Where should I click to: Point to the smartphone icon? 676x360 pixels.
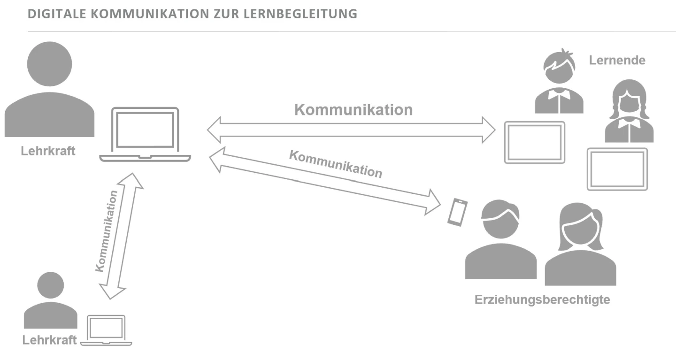(457, 212)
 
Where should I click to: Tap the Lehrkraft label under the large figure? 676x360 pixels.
(48, 152)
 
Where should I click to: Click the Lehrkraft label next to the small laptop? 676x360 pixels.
(49, 340)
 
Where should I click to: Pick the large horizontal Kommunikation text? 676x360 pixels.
(353, 110)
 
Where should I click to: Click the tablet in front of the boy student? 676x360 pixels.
(535, 142)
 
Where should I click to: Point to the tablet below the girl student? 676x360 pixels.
(617, 169)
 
